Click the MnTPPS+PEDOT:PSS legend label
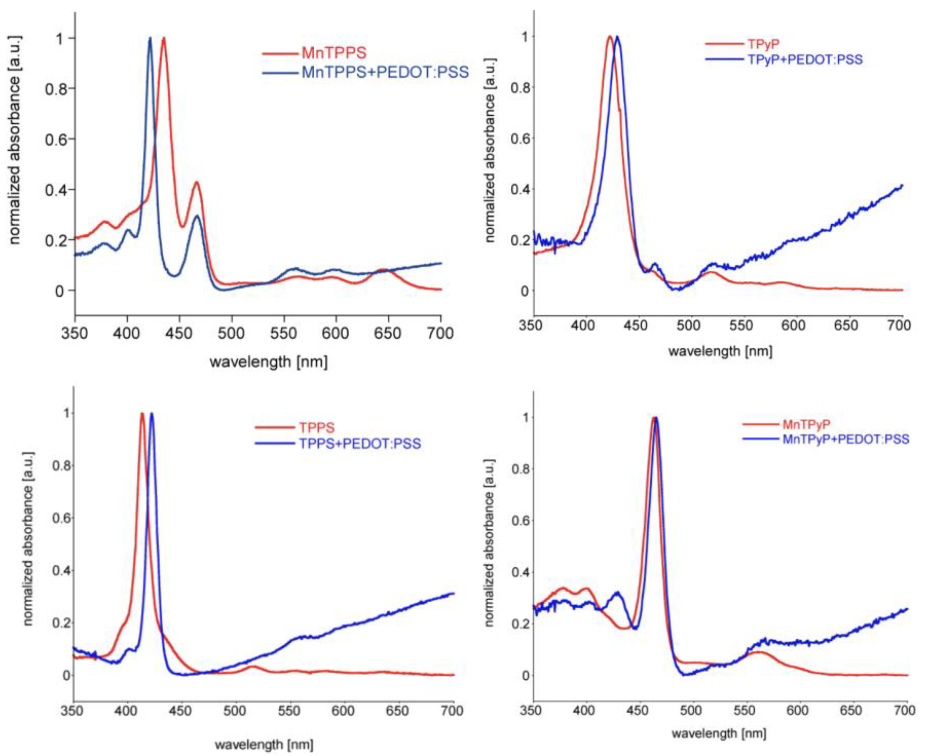385,72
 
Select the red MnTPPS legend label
334,53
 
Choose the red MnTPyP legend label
806,424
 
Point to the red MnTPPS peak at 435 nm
164,38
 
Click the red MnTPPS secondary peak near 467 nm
197,182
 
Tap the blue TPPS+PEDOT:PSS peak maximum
152,413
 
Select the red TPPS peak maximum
142,413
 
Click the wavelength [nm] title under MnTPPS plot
269,362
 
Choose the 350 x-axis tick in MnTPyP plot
532,711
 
